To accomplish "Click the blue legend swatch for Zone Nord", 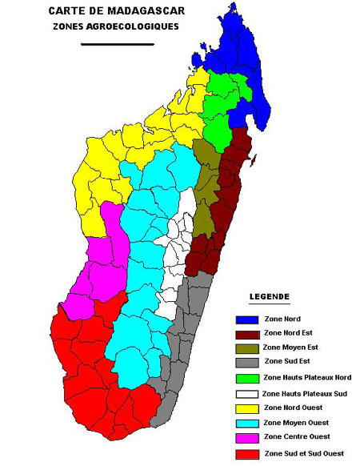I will pyautogui.click(x=246, y=319).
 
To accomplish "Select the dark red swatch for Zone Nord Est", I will pyautogui.click(x=246, y=334).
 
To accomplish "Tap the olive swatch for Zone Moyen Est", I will pyautogui.click(x=246, y=348).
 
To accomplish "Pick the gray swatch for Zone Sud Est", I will pyautogui.click(x=246, y=363).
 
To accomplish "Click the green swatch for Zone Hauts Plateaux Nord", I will pyautogui.click(x=246, y=377).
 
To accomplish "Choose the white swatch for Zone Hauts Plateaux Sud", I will pyautogui.click(x=246, y=393).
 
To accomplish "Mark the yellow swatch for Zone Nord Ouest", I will pyautogui.click(x=246, y=408).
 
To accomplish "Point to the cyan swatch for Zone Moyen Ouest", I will pyautogui.click(x=246, y=422).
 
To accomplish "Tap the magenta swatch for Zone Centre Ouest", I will pyautogui.click(x=246, y=437).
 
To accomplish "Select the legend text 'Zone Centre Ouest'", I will pyautogui.click(x=297, y=437).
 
